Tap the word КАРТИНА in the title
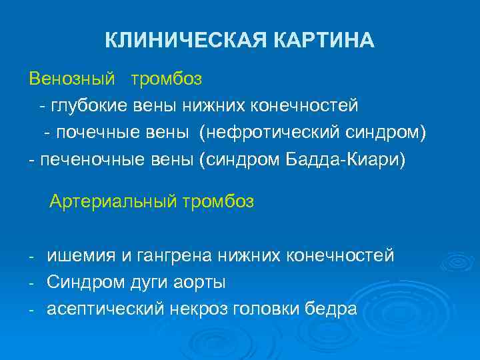(324, 41)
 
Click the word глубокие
(93, 105)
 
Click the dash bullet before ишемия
(31, 256)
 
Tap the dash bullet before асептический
(31, 310)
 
